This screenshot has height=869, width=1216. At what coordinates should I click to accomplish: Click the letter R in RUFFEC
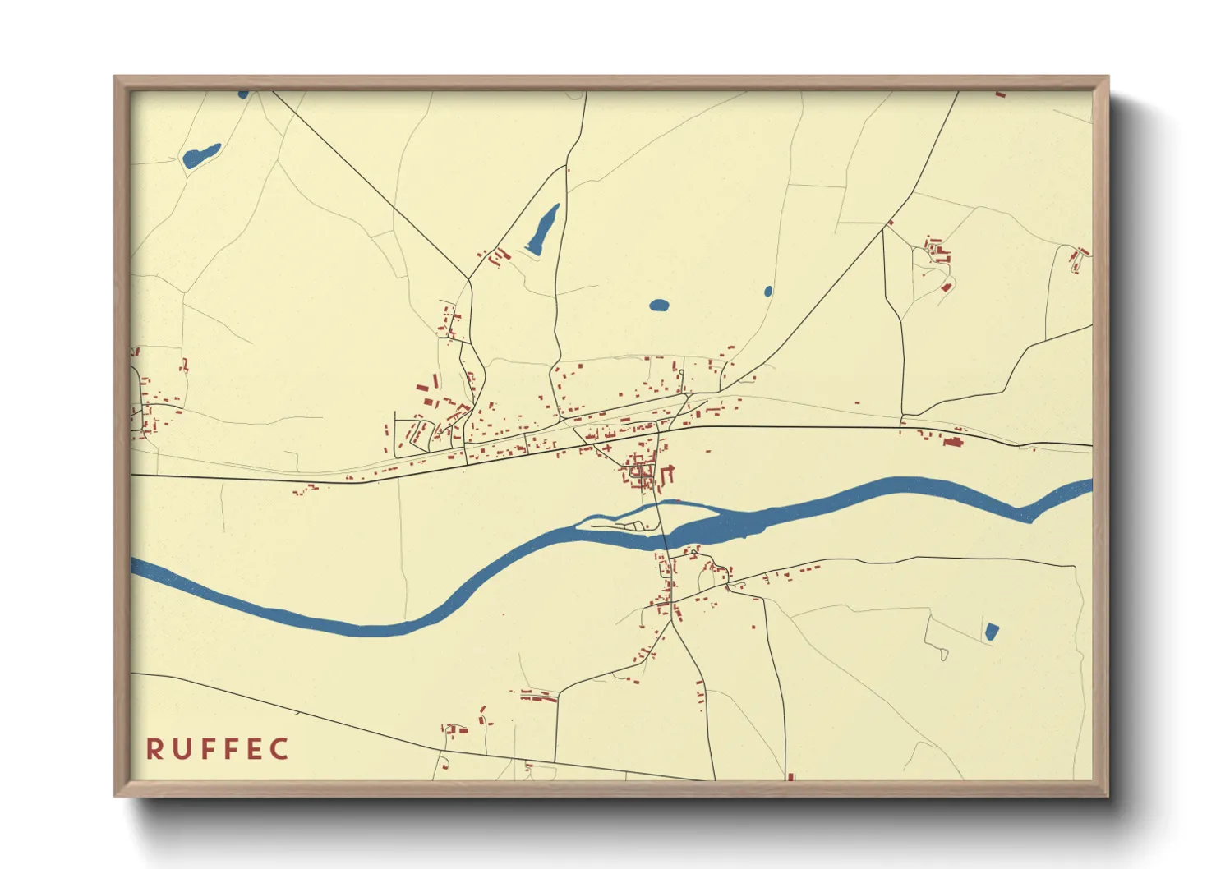point(154,749)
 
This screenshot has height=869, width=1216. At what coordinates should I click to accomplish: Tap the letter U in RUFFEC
point(182,749)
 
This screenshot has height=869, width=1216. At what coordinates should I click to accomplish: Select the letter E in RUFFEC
point(255,749)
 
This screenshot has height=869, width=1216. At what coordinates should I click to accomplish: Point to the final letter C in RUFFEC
point(280,749)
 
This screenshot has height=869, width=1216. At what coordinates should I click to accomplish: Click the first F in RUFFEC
point(208,749)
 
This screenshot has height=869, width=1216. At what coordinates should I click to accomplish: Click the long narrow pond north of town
point(542,228)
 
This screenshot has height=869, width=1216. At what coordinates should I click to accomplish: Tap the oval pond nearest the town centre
point(659,306)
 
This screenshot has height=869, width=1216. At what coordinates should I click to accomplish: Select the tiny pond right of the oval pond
point(768,291)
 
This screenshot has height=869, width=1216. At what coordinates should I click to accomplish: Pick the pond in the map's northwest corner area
point(200,155)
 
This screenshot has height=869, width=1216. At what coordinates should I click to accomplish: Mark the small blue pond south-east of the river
point(992,632)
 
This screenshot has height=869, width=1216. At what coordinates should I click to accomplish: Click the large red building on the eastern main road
point(953,442)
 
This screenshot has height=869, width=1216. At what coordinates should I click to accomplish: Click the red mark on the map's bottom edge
point(790,776)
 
